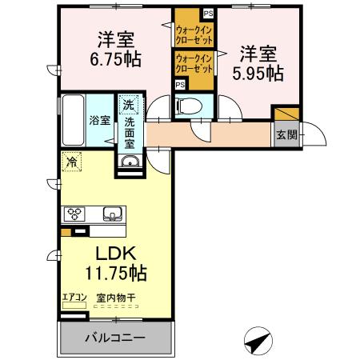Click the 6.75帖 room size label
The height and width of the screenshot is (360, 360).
(116, 58)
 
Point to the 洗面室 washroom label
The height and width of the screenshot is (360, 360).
(129, 132)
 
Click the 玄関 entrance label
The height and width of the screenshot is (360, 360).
(286, 135)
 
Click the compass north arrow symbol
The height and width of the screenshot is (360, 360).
(258, 342)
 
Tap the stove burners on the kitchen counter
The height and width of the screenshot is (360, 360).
(76, 213)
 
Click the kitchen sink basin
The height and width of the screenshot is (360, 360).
(111, 214)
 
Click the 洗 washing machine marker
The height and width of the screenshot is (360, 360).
(129, 104)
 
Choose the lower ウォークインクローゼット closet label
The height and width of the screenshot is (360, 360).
(193, 62)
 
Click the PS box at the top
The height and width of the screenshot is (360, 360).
(208, 13)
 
